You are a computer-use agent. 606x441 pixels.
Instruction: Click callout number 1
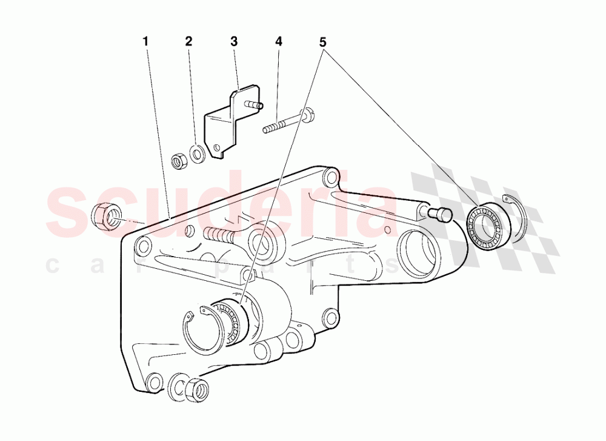(x=145, y=42)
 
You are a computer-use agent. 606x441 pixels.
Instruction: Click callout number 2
(x=188, y=42)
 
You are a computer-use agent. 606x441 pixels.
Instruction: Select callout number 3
(x=233, y=42)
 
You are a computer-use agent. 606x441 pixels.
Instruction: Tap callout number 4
(x=278, y=42)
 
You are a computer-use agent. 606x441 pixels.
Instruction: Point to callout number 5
(x=322, y=42)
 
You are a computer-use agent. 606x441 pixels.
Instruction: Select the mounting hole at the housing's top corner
(x=329, y=178)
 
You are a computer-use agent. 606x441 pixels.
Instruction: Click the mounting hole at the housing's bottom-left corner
(x=155, y=382)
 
